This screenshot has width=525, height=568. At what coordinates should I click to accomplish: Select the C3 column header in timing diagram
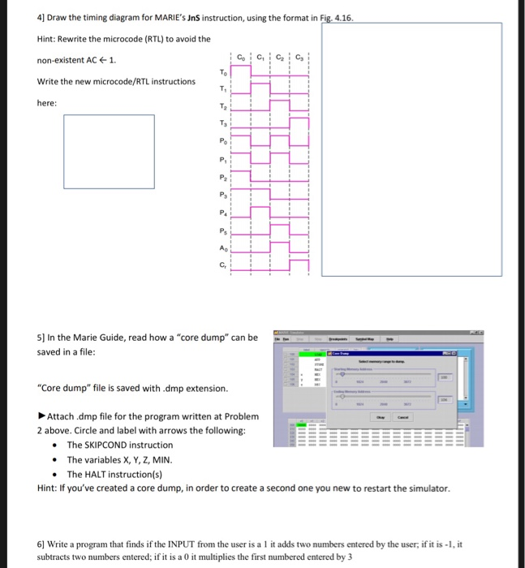(299, 57)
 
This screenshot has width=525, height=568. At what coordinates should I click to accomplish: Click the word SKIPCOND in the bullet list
(90, 445)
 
